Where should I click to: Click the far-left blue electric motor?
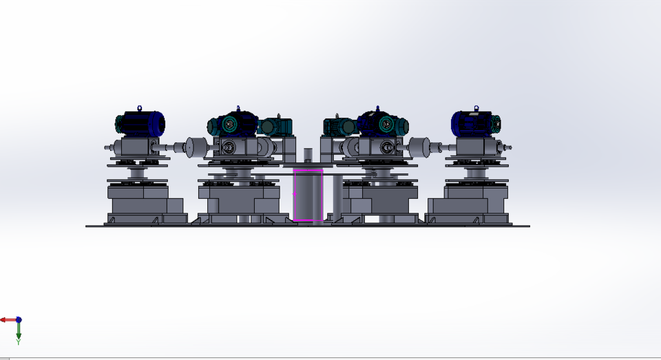[141, 124]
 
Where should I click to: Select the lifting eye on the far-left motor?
[140, 108]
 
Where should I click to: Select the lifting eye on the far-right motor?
[476, 108]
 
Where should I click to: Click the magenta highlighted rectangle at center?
[308, 195]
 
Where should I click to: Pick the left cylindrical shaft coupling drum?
[197, 147]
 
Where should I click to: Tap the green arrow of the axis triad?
[19, 330]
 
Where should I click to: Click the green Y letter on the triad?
[19, 341]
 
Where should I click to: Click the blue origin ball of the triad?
[19, 320]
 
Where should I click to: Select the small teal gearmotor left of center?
[275, 127]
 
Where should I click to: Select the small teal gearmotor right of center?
[339, 126]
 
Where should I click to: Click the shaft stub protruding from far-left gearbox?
[109, 147]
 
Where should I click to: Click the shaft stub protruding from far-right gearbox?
[508, 147]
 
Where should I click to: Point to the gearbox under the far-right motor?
[476, 146]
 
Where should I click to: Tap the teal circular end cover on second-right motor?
[386, 125]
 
